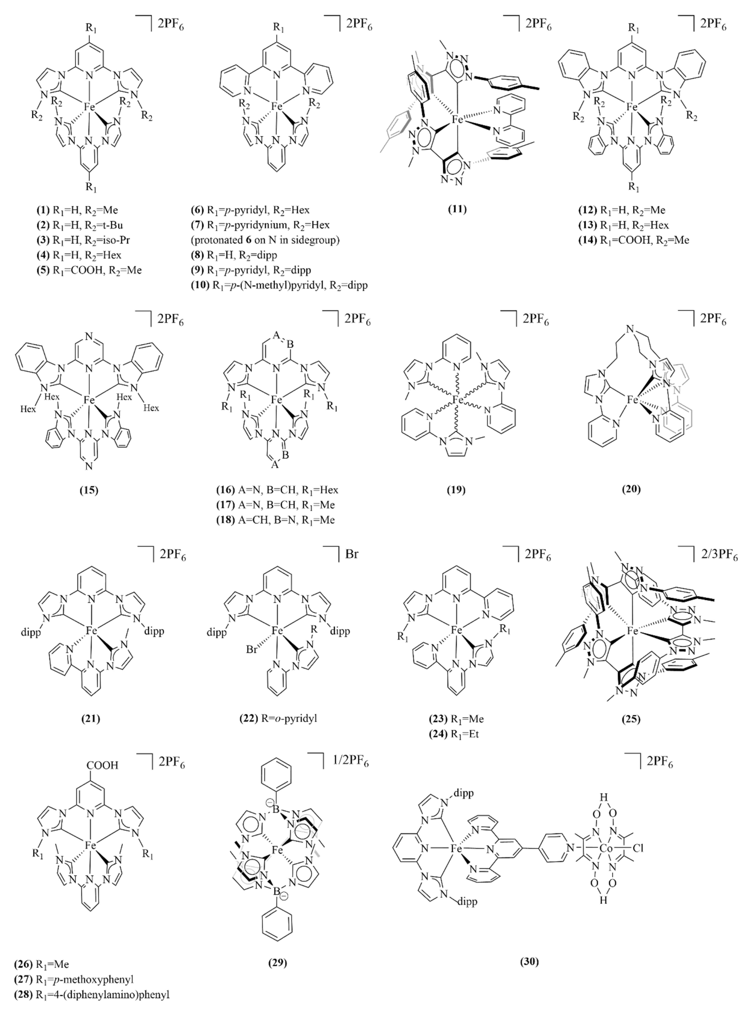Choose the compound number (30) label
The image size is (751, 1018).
click(x=530, y=961)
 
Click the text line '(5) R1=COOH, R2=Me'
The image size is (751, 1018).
click(x=89, y=270)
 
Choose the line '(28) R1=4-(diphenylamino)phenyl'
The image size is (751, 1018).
click(x=91, y=995)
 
